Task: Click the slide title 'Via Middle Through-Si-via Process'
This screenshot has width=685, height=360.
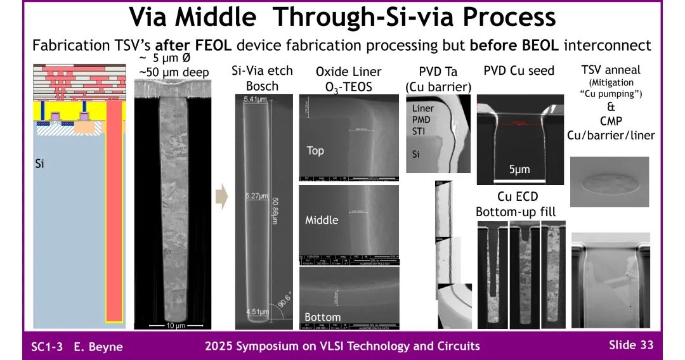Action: (342, 17)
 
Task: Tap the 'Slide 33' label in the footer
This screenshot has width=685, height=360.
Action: (630, 345)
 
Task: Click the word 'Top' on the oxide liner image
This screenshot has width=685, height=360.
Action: (315, 151)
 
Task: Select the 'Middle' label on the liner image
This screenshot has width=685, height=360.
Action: (322, 220)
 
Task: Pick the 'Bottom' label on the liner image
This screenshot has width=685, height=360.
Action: (322, 317)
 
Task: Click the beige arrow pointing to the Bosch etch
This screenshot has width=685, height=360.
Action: (221, 197)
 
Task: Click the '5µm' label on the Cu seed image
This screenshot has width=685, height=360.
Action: (519, 169)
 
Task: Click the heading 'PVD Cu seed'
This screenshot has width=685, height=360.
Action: (519, 70)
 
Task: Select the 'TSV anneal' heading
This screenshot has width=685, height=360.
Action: (611, 70)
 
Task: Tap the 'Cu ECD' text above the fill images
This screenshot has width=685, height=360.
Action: (516, 196)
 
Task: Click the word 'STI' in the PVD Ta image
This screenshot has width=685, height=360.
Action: (418, 132)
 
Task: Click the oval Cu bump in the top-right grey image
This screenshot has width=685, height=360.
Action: (610, 184)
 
